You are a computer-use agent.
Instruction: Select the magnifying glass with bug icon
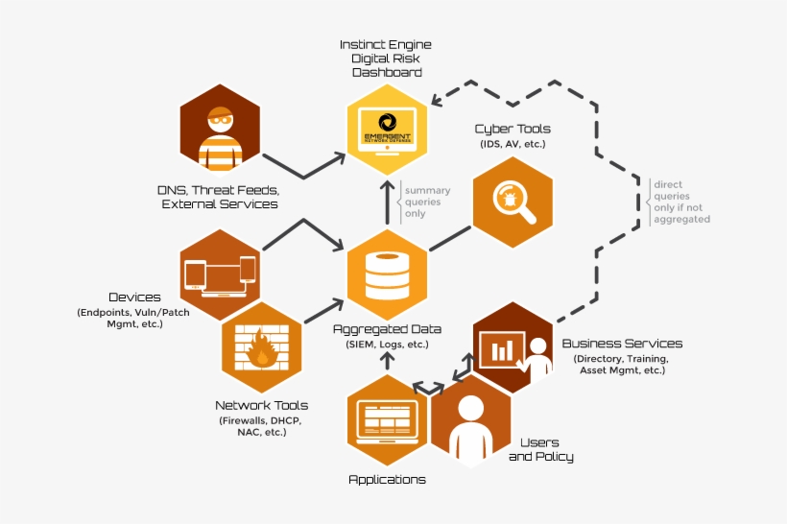[513, 198]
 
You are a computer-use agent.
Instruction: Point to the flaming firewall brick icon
[261, 349]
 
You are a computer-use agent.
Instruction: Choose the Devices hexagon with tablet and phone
[221, 274]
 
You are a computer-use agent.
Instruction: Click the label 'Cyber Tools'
[513, 129]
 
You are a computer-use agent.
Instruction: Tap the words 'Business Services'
[622, 344]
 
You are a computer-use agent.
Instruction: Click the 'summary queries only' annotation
[426, 202]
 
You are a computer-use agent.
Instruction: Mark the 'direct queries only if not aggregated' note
[680, 201]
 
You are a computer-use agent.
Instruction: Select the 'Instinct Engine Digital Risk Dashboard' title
[386, 59]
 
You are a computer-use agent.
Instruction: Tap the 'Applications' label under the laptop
[387, 479]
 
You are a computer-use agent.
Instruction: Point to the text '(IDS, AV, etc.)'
[513, 144]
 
